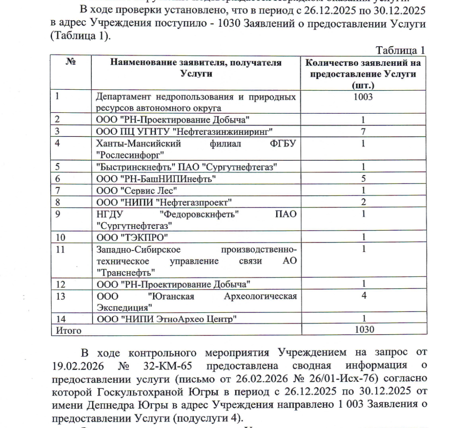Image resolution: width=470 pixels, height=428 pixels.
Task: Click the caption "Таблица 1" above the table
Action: point(400,50)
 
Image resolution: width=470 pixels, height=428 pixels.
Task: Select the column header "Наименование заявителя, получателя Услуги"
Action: point(196,68)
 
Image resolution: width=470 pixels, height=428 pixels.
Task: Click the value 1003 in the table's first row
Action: point(363,97)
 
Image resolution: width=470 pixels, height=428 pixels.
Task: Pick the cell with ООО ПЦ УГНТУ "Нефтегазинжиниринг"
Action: point(184,131)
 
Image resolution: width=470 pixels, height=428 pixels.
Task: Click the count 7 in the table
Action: point(363,131)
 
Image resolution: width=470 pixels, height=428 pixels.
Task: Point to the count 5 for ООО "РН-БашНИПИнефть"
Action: point(363,178)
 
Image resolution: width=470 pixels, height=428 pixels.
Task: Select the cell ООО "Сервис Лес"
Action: point(137,190)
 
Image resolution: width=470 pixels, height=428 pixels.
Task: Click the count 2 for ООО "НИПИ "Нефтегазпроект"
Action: point(363,202)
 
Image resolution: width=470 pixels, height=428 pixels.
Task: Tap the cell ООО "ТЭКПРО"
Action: point(132,237)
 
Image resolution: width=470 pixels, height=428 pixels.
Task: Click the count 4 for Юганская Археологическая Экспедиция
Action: point(363,296)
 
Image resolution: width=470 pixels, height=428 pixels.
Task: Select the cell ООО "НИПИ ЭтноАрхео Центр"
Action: point(166,319)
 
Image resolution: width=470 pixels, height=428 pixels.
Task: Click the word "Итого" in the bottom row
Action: point(68,330)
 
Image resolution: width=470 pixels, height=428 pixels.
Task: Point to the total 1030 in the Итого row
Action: point(364,329)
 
